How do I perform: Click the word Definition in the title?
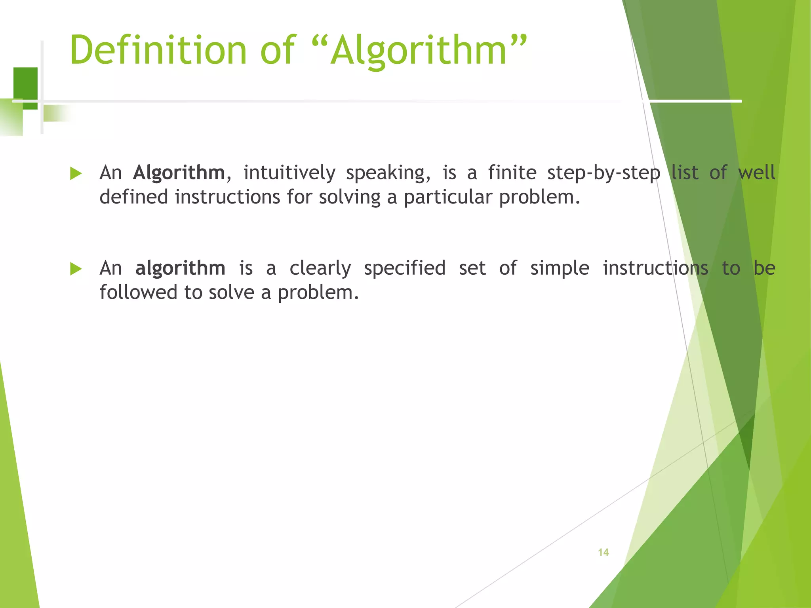click(x=158, y=50)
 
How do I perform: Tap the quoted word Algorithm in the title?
click(x=419, y=50)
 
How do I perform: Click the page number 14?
click(x=603, y=552)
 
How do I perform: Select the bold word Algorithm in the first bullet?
click(x=179, y=173)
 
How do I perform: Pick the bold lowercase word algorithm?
click(x=180, y=268)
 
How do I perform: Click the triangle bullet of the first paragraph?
click(x=76, y=173)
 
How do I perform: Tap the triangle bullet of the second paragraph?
click(x=76, y=269)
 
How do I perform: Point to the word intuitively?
click(x=289, y=173)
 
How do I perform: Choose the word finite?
click(x=512, y=173)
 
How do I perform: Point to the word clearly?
click(x=320, y=269)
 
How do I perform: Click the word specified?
click(x=405, y=269)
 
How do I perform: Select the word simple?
click(x=560, y=269)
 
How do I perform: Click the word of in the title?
click(x=277, y=50)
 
